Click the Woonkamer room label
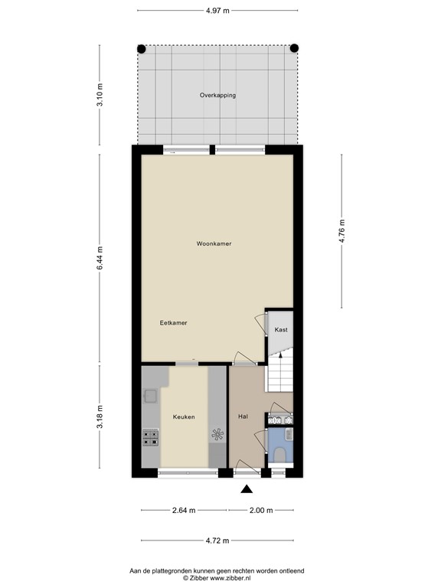tap(214, 243)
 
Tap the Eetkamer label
tap(173, 323)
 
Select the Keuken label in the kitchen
tap(184, 417)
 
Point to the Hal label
tap(243, 417)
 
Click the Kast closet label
tap(280, 330)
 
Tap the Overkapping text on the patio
tap(217, 96)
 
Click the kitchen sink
tap(150, 397)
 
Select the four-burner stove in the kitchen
tap(150, 438)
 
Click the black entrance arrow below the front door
tap(247, 490)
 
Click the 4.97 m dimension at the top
tap(217, 10)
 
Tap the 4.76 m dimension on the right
tap(342, 230)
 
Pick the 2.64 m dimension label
tap(184, 510)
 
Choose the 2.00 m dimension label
tap(260, 510)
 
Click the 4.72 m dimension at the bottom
tap(217, 541)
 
